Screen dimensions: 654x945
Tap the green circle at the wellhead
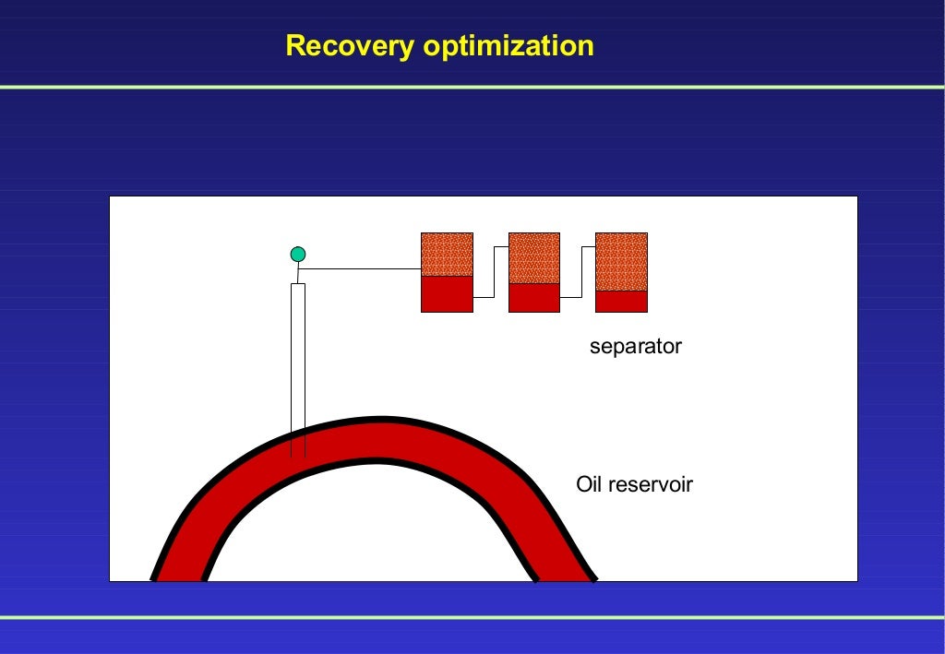(x=297, y=254)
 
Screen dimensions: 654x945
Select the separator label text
(x=635, y=347)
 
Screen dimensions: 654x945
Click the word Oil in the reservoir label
(x=588, y=484)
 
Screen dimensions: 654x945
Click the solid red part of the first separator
(x=447, y=294)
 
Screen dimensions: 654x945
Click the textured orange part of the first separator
(x=447, y=255)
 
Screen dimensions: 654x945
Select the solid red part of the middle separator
(x=534, y=298)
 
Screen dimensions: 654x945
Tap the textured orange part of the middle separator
(x=534, y=258)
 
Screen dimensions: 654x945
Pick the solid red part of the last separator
(x=621, y=302)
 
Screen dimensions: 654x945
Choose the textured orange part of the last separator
(x=621, y=262)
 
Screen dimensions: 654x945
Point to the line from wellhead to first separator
(x=360, y=269)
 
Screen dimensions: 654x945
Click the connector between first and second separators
(x=494, y=272)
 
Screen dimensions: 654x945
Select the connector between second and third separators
(x=580, y=272)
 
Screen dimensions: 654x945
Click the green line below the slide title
(x=472, y=87)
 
